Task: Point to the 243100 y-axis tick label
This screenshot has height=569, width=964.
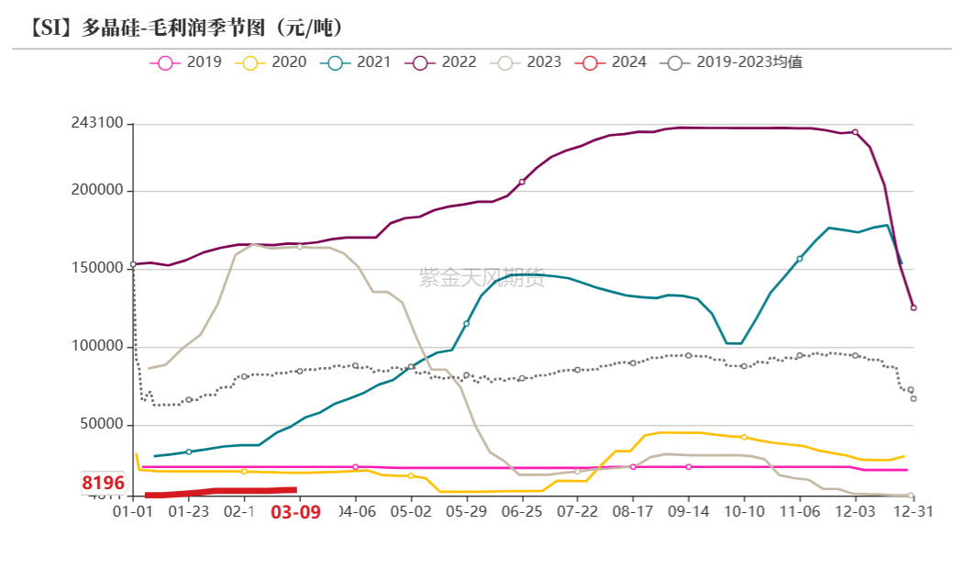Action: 97,123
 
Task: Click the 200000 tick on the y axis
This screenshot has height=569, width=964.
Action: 97,191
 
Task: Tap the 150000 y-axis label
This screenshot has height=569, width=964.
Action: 97,268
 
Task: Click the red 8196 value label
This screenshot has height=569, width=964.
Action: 103,483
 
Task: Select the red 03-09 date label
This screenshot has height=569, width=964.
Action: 295,512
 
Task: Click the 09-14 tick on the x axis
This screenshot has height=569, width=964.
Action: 689,511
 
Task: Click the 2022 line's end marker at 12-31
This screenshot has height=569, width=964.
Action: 914,307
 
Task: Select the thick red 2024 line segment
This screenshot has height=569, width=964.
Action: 220,492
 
